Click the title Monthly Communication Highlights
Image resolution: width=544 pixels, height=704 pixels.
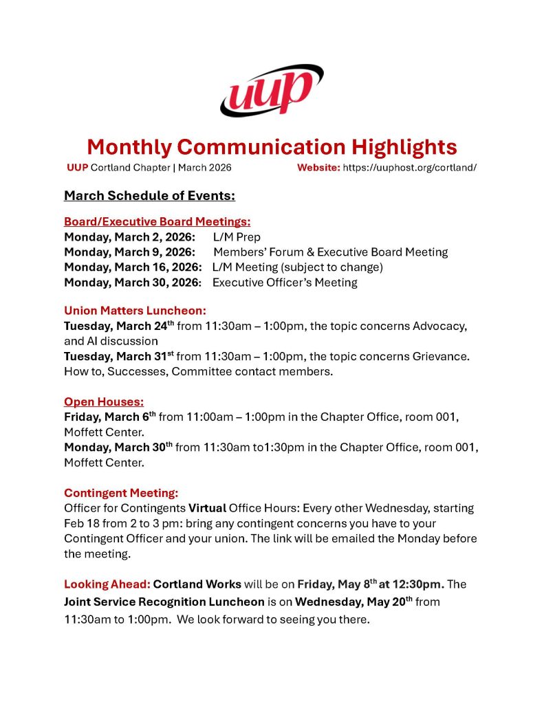tap(272, 146)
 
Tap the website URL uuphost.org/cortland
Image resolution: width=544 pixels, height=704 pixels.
tap(409, 167)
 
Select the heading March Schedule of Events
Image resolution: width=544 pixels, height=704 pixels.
tap(149, 196)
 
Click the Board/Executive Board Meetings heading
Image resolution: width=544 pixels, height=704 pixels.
tap(157, 221)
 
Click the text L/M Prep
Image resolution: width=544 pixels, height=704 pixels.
tap(237, 237)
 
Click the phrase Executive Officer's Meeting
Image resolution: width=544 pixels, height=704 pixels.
tap(285, 282)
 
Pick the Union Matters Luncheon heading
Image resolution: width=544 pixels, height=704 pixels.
tap(135, 310)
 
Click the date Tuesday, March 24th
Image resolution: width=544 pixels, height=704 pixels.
tap(119, 325)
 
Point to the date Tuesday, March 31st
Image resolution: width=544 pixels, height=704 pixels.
tap(119, 356)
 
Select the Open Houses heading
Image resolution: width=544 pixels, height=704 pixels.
tap(104, 401)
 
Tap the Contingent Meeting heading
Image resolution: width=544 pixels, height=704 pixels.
tap(121, 493)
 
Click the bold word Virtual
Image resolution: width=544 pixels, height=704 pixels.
tap(207, 508)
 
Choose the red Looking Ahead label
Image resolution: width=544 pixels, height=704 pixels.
tap(107, 584)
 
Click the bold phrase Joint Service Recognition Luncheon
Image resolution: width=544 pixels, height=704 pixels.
tap(164, 602)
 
